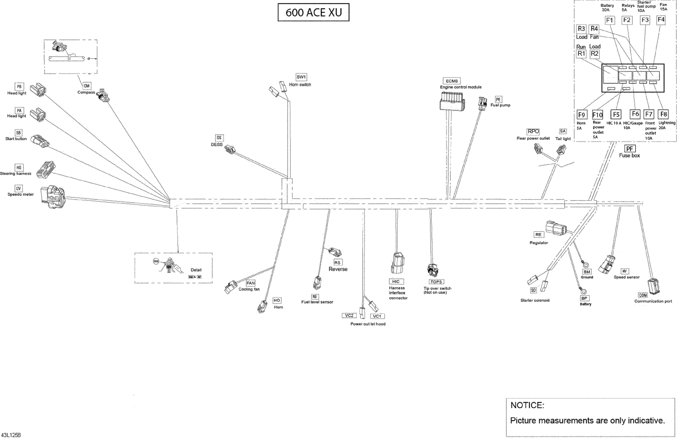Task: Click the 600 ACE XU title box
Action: pos(313,12)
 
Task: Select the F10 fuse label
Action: pos(597,115)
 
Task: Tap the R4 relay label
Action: pos(594,29)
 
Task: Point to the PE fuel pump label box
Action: pos(498,99)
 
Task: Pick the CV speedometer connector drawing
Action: pos(53,197)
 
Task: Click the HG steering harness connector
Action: pos(46,170)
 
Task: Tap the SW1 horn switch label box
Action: pos(301,77)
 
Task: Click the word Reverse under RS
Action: pos(338,269)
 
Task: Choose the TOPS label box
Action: pos(436,282)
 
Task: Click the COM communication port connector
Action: pos(653,286)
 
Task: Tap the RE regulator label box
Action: pos(538,235)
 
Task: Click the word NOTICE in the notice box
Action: pos(527,405)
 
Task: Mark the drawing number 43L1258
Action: pos(11,435)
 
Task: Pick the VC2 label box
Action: pos(349,316)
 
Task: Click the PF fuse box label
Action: pos(629,149)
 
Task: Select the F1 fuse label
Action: pos(609,20)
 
